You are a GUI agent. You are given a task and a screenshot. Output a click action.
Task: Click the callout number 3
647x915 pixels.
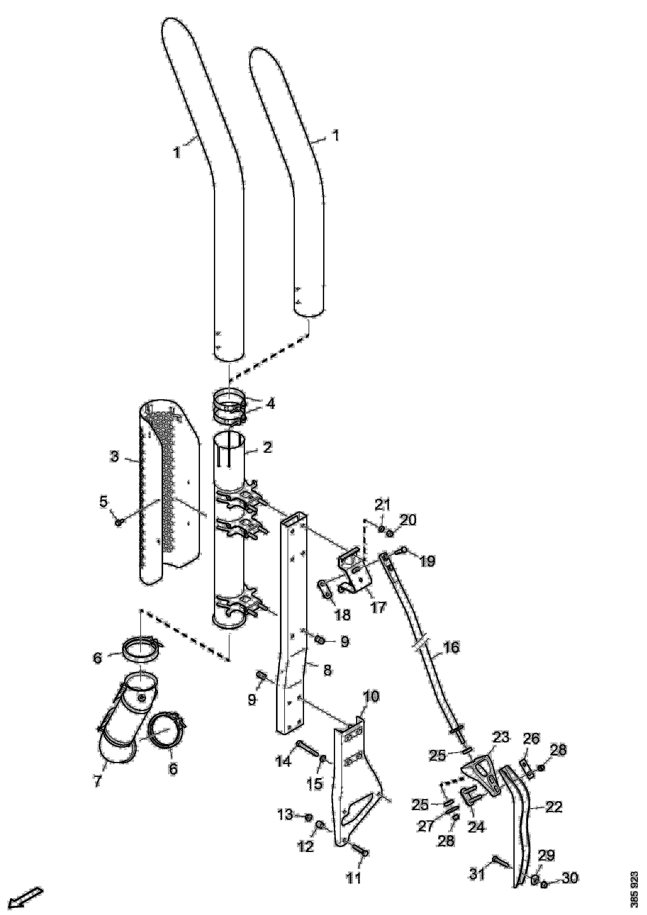(115, 456)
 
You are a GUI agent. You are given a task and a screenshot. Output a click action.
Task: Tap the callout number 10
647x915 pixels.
(371, 696)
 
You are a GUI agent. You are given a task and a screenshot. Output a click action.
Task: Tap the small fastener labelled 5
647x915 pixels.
(118, 522)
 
